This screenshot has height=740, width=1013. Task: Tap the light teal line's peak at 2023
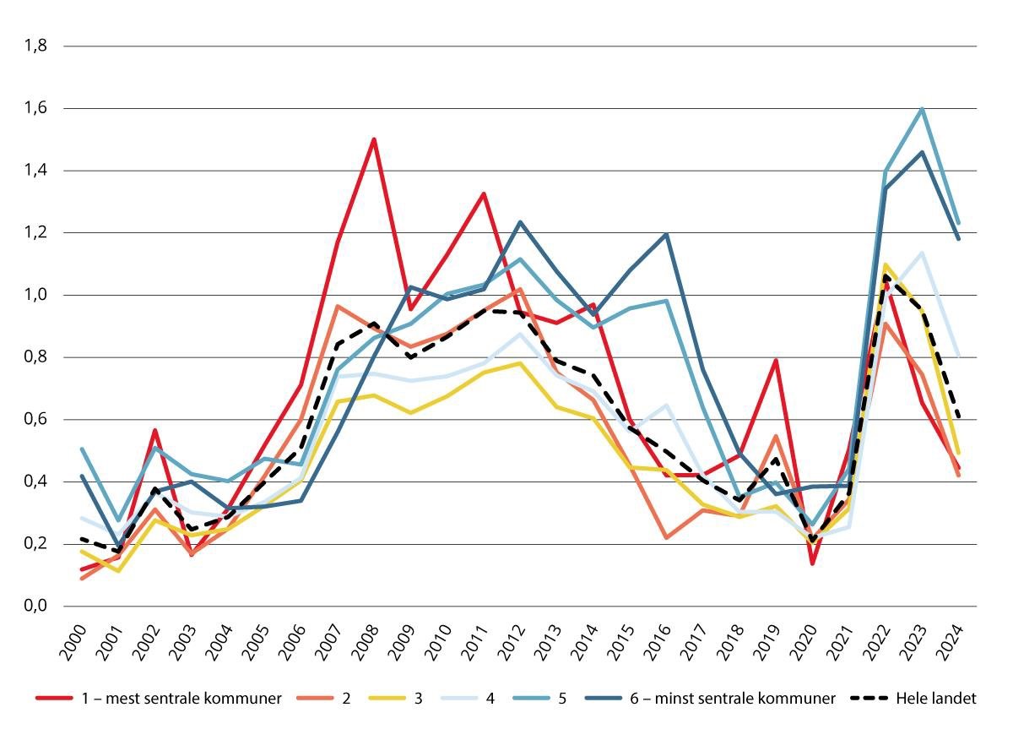click(922, 109)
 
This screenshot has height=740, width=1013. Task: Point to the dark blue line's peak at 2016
click(666, 234)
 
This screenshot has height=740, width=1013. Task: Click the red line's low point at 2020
click(812, 563)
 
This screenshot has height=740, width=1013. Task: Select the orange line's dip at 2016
click(666, 537)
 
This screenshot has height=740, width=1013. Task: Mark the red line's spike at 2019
click(776, 361)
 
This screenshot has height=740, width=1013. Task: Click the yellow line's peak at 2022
click(886, 264)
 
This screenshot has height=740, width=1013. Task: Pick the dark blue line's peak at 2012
click(520, 222)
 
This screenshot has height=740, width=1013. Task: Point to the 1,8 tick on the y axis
click(35, 46)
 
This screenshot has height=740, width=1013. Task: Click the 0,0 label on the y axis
click(35, 607)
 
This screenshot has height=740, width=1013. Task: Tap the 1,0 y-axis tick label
click(35, 296)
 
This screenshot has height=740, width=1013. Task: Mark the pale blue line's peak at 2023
click(922, 253)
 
